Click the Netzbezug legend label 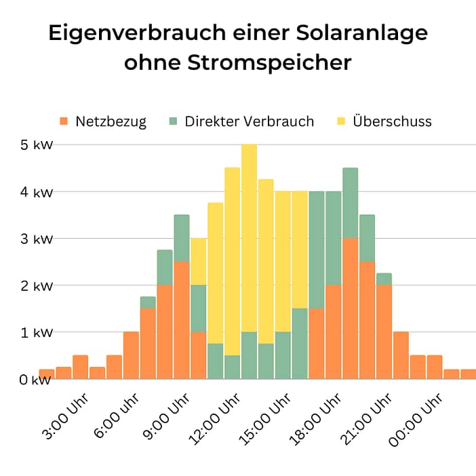tap(111, 122)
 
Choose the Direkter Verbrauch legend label tap(249, 122)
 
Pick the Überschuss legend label tap(392, 122)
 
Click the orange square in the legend tap(64, 121)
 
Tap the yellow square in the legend tap(341, 121)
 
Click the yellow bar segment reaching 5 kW tap(249, 237)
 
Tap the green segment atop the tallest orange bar tap(350, 203)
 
